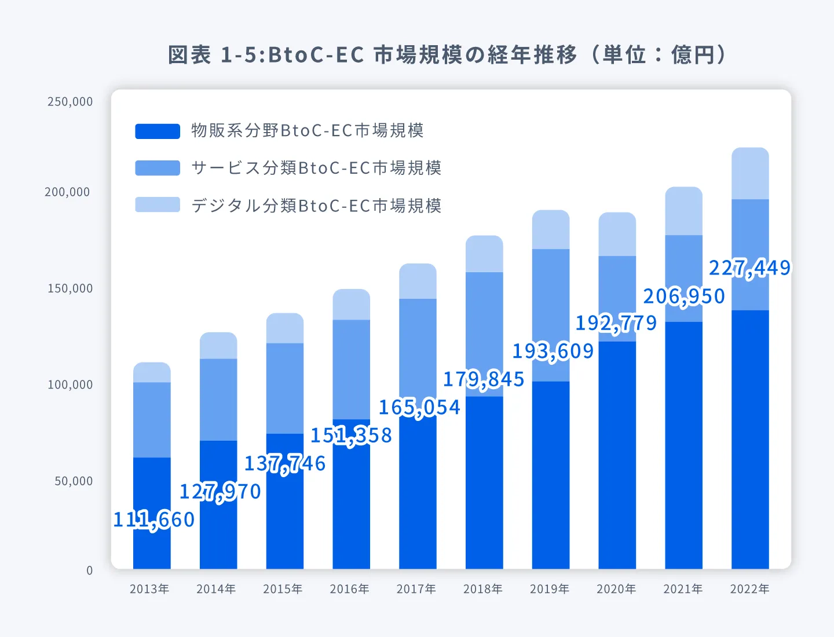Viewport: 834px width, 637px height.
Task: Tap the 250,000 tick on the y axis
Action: click(x=70, y=102)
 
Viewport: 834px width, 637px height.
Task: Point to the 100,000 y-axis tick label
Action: click(x=70, y=385)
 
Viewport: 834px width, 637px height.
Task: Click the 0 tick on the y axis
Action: click(x=89, y=570)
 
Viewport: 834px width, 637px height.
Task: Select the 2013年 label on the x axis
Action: click(x=149, y=589)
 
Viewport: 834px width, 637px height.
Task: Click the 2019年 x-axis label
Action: click(x=550, y=589)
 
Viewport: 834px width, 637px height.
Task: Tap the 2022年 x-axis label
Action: click(x=749, y=589)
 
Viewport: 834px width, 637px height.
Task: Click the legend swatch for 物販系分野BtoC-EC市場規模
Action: click(x=158, y=131)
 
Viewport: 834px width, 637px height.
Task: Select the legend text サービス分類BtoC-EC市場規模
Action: click(x=316, y=168)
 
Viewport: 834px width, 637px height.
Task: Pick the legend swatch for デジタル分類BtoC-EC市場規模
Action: click(x=158, y=205)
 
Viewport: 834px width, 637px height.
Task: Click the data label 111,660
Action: click(x=154, y=519)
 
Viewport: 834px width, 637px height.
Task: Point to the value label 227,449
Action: click(x=749, y=268)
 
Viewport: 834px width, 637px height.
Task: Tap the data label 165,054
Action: click(x=419, y=407)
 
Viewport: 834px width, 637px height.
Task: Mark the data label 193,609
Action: click(x=553, y=351)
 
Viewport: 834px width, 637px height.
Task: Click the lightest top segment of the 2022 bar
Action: click(x=750, y=174)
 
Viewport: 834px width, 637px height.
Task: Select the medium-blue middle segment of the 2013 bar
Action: click(x=152, y=420)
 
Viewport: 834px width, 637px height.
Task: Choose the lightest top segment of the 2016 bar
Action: click(x=351, y=305)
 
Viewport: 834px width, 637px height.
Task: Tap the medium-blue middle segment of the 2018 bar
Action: click(x=484, y=318)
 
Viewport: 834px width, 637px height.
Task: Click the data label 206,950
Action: click(x=684, y=296)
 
